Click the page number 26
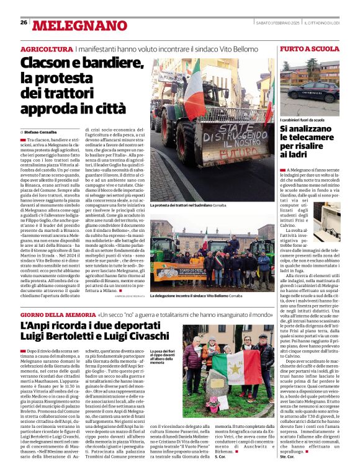24,23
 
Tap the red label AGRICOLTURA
46,48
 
